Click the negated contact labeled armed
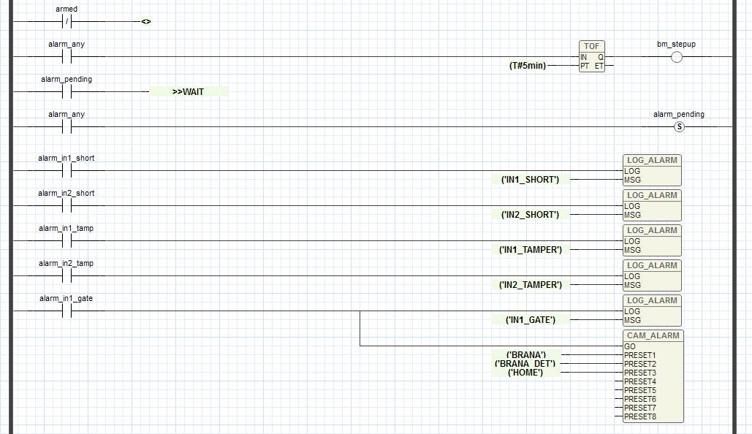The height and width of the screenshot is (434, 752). (x=67, y=21)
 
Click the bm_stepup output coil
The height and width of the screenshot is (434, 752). (x=676, y=57)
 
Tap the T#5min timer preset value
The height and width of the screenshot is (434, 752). (x=527, y=66)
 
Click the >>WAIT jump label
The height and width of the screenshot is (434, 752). (x=188, y=92)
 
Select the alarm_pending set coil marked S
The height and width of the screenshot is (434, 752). (x=678, y=127)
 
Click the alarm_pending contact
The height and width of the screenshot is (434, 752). (x=67, y=91)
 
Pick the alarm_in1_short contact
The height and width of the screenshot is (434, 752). (x=67, y=170)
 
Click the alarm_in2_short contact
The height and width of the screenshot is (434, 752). (x=67, y=205)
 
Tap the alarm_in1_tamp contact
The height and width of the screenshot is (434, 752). (x=67, y=240)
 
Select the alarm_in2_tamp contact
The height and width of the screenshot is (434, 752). (x=67, y=275)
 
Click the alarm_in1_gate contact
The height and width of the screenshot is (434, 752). (x=67, y=311)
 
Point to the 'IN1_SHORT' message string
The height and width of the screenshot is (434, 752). (x=530, y=180)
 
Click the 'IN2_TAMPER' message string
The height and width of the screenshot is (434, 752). (x=530, y=285)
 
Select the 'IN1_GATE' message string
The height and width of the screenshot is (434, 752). (x=531, y=320)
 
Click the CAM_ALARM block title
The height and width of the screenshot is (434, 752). (x=653, y=336)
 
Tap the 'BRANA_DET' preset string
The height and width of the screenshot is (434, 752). (x=525, y=364)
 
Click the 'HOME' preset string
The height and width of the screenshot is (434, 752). (x=525, y=373)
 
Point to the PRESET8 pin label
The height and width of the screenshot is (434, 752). (x=640, y=416)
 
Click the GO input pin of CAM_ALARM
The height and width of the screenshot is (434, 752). (x=630, y=346)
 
